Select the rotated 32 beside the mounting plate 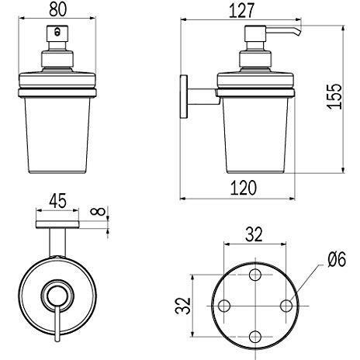[x=181, y=304]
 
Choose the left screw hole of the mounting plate [x=224, y=305]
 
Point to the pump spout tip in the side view [x=296, y=33]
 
